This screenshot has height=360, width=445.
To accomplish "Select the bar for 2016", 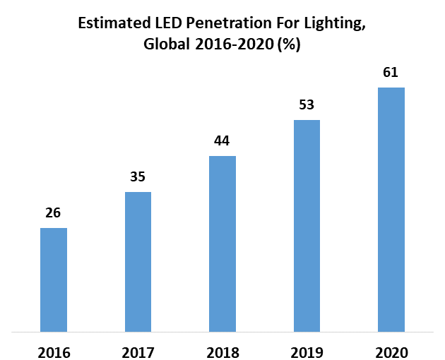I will [54, 280].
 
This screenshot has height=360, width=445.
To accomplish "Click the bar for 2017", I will [138, 261].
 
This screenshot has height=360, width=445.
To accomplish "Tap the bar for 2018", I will [222, 244].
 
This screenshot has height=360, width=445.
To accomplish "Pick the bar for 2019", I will [307, 225].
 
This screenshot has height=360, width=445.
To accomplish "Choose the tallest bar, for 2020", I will [391, 209].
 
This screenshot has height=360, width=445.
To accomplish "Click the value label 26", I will [53, 212].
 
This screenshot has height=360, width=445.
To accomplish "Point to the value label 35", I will [138, 176].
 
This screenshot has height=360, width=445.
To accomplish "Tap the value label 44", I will [222, 140].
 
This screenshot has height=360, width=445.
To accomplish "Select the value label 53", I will [307, 104].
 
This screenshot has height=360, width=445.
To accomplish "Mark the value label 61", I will [391, 72].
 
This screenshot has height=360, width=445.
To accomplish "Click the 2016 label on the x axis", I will [54, 352].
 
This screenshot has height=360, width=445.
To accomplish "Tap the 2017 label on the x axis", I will [138, 352].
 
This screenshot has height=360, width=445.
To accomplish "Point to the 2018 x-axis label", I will [223, 352].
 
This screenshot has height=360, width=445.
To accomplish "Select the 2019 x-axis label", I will [307, 352].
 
